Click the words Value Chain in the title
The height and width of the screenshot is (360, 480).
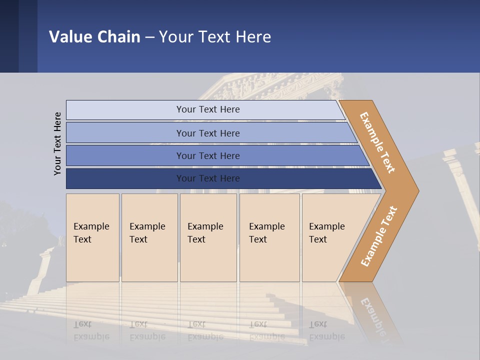(94, 36)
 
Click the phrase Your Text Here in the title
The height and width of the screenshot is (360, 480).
(215, 36)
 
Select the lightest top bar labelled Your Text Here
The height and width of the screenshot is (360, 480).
(208, 109)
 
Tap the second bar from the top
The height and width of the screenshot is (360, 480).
(208, 133)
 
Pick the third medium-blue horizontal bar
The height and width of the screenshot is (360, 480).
(208, 155)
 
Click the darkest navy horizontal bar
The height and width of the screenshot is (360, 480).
(208, 178)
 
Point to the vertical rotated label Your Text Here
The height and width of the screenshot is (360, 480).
(57, 143)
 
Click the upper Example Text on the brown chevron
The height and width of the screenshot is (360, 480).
(377, 142)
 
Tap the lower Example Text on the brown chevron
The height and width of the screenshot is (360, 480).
(379, 236)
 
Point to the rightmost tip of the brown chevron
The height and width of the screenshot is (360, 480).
(417, 190)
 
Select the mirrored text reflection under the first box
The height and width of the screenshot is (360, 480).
(91, 330)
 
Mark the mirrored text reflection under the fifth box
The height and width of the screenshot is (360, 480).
(327, 330)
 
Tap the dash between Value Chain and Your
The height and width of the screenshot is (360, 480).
(149, 37)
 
